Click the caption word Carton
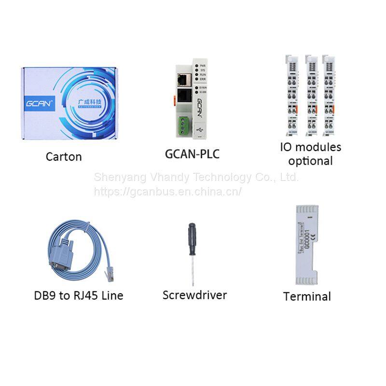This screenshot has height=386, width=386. (64, 156)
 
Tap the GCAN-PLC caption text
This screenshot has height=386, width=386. (193, 154)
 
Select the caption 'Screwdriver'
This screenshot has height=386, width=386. (194, 294)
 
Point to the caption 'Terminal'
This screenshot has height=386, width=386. (307, 296)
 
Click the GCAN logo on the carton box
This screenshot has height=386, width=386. (40, 102)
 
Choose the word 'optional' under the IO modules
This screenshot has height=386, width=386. (311, 161)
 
